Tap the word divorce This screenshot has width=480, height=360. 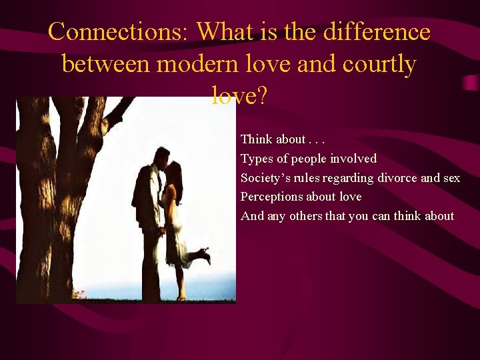pos(397,178)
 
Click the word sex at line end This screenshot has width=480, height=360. pos(451,178)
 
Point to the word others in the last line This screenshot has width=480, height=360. pos(305,216)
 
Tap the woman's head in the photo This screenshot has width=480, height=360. pos(173,174)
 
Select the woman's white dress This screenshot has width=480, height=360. pos(177,240)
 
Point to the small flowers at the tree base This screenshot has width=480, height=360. pos(80,293)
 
